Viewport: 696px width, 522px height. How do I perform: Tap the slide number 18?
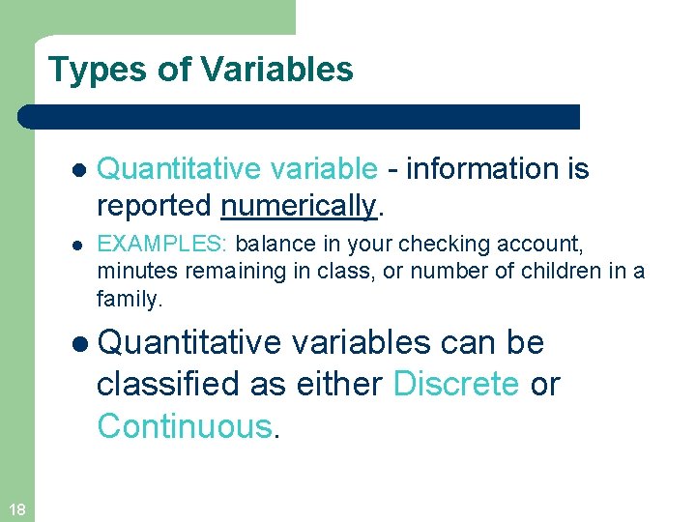point(16,509)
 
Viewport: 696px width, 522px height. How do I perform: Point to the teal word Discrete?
point(456,384)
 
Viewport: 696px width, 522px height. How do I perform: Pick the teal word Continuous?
point(185,425)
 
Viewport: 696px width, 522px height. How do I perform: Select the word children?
point(563,271)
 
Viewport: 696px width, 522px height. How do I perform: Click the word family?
point(129,300)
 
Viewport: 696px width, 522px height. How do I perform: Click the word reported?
point(155,206)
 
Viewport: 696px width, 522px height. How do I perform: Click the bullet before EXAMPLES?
point(77,243)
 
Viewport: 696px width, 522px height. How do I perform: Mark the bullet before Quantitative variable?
point(78,170)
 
